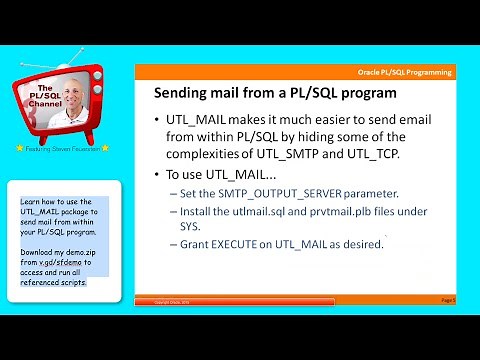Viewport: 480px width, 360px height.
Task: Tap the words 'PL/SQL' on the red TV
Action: [44, 93]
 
